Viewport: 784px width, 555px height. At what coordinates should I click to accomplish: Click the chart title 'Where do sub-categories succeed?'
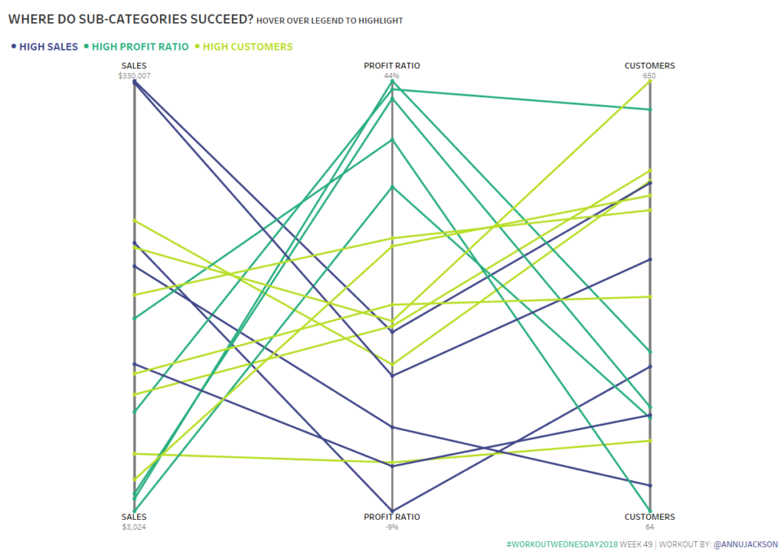pos(130,19)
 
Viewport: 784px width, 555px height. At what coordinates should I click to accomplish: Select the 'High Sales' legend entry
pos(48,47)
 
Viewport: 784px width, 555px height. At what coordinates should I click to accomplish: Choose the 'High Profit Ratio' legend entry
pos(140,47)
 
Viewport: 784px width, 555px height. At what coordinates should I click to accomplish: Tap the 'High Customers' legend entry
pos(247,47)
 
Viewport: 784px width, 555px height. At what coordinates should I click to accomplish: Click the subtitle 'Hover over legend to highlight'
pos(330,21)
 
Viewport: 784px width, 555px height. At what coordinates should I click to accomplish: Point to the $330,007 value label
pos(134,76)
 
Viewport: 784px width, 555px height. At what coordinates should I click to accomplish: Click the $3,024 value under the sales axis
pos(134,527)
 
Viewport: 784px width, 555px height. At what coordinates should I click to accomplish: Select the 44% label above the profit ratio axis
pos(392,76)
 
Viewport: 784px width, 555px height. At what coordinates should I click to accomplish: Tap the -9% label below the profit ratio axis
pos(392,527)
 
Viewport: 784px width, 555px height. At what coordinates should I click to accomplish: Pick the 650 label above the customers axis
pos(649,76)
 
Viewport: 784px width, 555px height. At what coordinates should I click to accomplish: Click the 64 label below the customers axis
pos(649,527)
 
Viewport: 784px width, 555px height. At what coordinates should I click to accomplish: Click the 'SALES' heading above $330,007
pos(134,66)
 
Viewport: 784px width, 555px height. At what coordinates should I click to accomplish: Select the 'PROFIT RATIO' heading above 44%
pos(392,66)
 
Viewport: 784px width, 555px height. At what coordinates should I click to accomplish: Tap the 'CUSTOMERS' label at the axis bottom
pos(649,517)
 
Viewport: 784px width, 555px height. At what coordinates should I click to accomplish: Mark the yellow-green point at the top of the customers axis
pos(650,81)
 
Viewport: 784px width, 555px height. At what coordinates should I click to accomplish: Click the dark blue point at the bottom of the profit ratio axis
pos(392,511)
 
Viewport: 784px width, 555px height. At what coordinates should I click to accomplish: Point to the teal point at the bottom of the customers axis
pos(650,511)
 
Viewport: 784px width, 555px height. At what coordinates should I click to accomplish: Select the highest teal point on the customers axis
pos(650,109)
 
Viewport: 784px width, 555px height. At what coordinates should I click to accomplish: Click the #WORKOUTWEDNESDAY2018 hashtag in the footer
pos(561,544)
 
